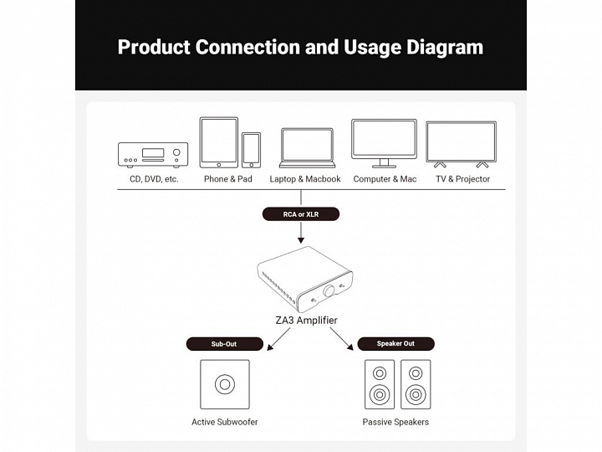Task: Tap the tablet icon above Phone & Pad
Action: click(218, 142)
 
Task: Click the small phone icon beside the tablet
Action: click(251, 150)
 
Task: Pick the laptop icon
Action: click(305, 148)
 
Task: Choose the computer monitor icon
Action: click(384, 143)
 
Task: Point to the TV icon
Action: click(461, 144)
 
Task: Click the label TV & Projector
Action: click(462, 179)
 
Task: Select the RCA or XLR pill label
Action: click(301, 213)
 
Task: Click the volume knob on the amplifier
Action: click(329, 290)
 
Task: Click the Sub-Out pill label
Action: click(224, 343)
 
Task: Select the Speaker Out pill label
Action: click(396, 343)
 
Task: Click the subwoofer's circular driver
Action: click(225, 385)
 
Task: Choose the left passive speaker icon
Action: click(380, 384)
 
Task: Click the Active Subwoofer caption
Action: click(225, 422)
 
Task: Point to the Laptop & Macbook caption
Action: click(305, 179)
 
